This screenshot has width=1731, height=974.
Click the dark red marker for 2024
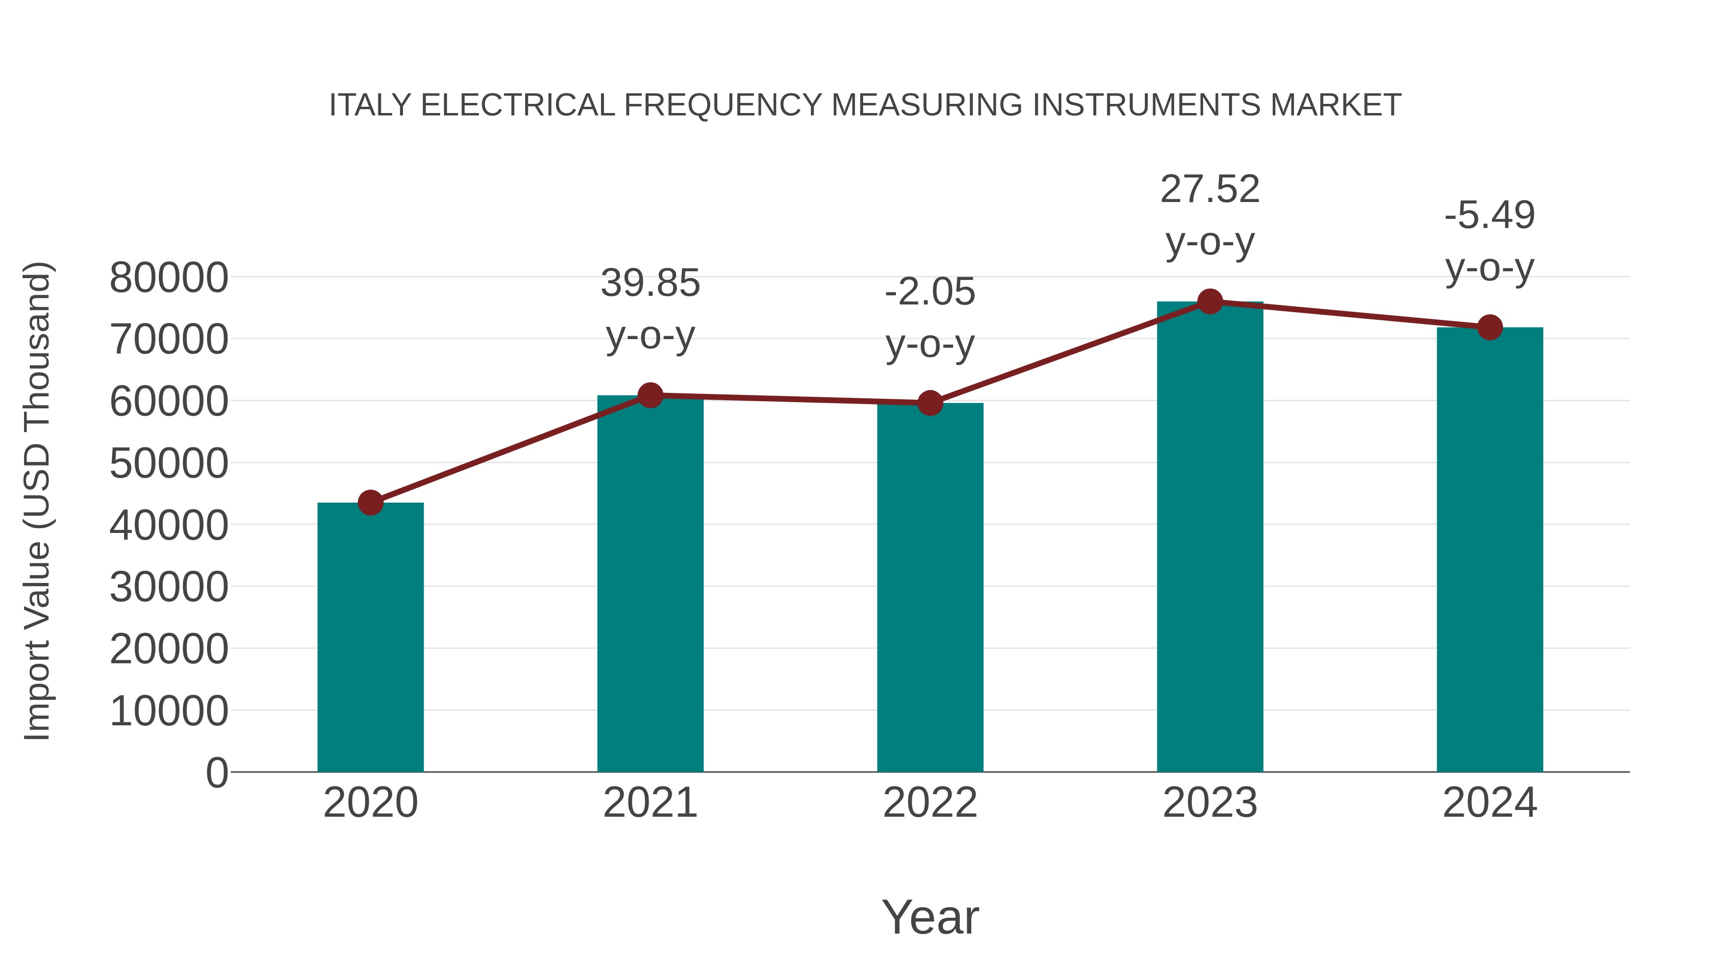(1490, 328)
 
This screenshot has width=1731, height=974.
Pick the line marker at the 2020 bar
(370, 502)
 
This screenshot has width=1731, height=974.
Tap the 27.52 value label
(1210, 190)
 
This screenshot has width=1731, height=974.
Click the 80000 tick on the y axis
(169, 278)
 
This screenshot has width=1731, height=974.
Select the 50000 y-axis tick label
(169, 463)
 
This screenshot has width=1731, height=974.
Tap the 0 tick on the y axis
(216, 772)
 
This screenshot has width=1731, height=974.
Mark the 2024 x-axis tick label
(1490, 803)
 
